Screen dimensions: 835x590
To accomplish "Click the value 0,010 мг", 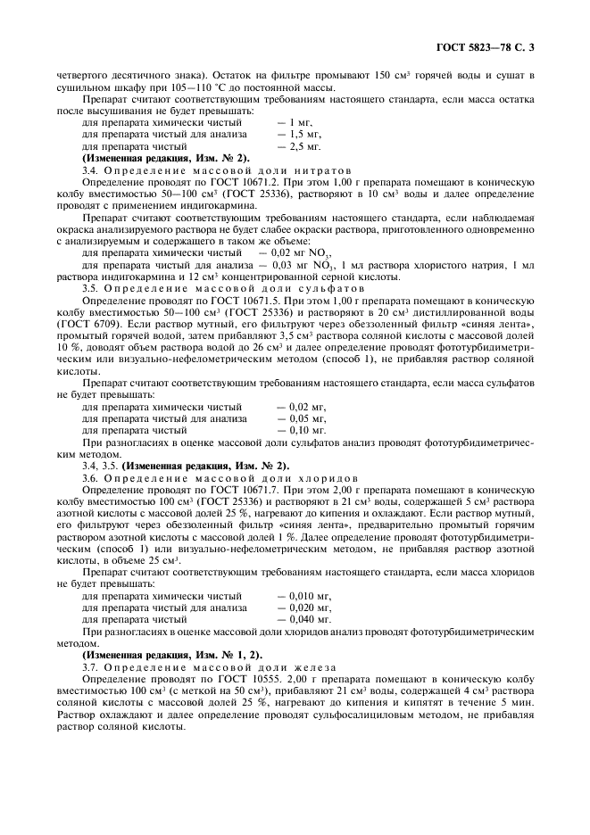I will [x=303, y=593].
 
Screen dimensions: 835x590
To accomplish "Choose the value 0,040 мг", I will [x=303, y=617].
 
